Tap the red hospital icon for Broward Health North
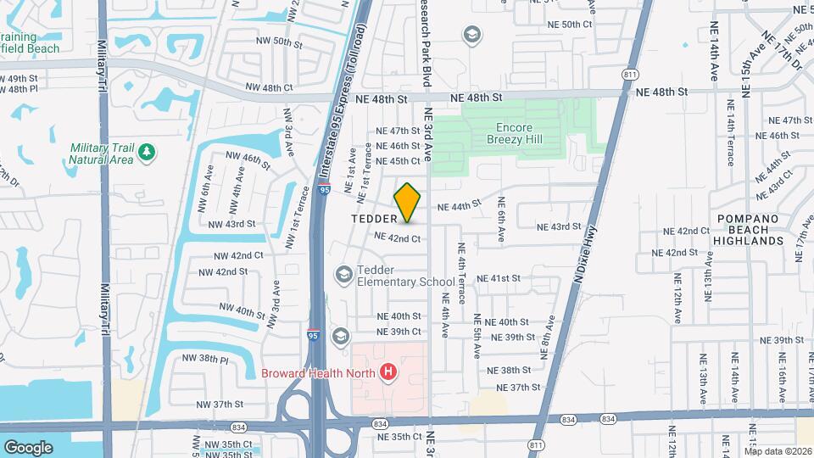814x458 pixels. click(x=389, y=371)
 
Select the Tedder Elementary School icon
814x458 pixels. click(x=344, y=274)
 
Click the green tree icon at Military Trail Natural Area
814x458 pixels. click(x=148, y=152)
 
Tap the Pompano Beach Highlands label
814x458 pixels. click(x=750, y=230)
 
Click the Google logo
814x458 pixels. click(x=28, y=447)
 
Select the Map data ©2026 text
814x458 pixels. click(x=778, y=450)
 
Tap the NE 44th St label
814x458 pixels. click(x=459, y=205)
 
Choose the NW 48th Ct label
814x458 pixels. click(x=269, y=87)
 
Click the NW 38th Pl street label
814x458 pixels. click(x=205, y=358)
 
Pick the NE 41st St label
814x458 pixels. click(x=498, y=278)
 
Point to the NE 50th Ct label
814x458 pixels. click(x=570, y=25)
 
